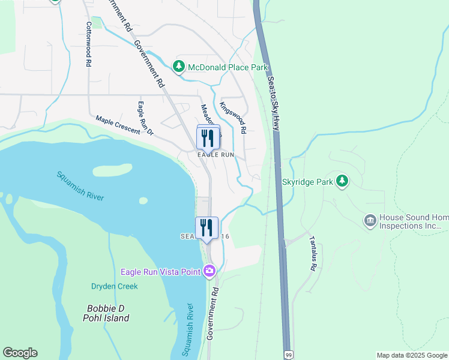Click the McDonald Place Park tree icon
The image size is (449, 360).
point(178,67)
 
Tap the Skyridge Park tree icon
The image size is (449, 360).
point(342,181)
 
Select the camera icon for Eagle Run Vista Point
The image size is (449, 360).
point(209,272)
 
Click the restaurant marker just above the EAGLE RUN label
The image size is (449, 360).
point(208,138)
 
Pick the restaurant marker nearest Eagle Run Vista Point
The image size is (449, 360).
point(206,229)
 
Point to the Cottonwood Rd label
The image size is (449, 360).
point(88,44)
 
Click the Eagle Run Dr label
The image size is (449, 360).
point(145,118)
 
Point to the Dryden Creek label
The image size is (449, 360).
point(114,287)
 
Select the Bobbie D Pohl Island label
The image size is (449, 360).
point(106,313)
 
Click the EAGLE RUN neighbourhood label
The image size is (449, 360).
point(216,155)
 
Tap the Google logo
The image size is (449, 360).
point(20,353)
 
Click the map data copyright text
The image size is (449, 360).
point(412,355)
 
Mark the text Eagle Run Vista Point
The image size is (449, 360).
point(160,272)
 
